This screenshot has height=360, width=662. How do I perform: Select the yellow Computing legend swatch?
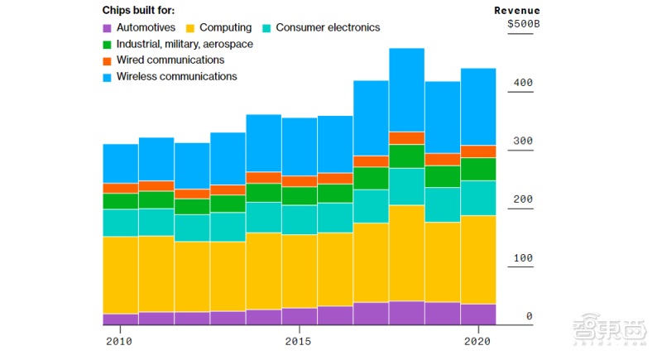coord(189,28)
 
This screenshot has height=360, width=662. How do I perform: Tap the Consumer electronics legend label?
coord(328,27)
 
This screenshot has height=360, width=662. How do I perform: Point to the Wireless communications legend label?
coord(176,76)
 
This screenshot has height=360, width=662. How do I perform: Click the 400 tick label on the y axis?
coord(523,83)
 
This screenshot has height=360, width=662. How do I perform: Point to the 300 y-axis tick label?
coord(523,142)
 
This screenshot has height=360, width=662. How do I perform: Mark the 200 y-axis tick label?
coord(523,199)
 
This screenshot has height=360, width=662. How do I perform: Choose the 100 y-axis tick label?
coord(523,258)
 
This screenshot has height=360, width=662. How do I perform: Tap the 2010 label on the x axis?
coord(119,341)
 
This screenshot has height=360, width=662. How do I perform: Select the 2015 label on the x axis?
coord(298,341)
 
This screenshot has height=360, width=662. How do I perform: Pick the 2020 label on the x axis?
coord(477,341)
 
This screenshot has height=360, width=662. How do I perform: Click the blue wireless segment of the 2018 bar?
coord(406,89)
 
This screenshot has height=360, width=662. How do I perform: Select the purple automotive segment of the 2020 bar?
coord(477,314)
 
